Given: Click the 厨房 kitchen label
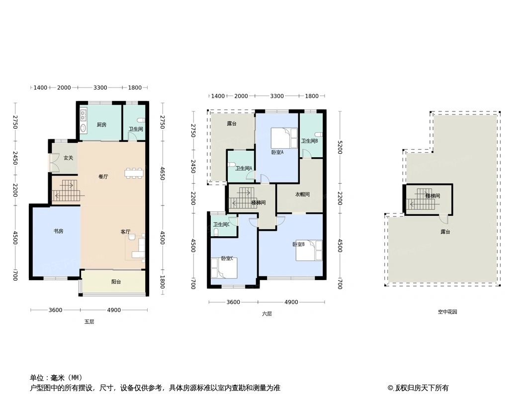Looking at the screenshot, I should pos(101,125).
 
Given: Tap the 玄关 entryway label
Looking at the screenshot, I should pos(69,158).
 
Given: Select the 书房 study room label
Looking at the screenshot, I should pos(58,231).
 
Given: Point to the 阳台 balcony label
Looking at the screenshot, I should pos(116,282).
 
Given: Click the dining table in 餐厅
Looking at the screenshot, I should pos(134,173).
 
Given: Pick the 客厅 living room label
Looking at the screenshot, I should pos(125,232).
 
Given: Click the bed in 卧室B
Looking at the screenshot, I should pos(309,250).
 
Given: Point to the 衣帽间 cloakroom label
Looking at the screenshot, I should pos(302,195).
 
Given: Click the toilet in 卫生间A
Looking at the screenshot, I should pos(232,165).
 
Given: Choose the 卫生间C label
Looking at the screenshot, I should pos(221,224).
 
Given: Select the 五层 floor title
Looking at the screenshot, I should pos(89,322).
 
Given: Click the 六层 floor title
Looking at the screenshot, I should pos(267,314).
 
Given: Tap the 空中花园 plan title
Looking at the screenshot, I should pos(447,312).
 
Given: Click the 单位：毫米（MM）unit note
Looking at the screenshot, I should pos(56,378).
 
